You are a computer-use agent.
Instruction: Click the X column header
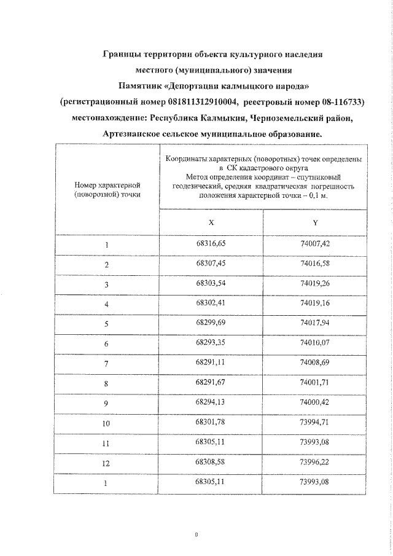click(x=211, y=222)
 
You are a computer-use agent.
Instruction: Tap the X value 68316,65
click(x=211, y=244)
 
